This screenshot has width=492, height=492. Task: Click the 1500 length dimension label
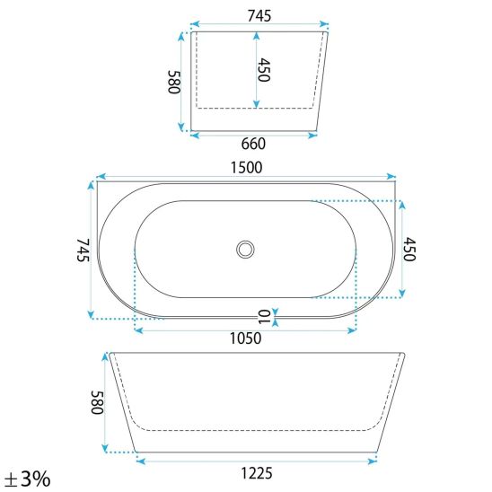[246, 168]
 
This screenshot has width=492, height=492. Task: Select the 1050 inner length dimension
[245, 338]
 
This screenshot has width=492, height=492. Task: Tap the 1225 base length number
[257, 473]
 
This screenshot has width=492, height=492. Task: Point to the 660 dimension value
[253, 144]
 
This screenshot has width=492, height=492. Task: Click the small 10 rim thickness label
[264, 317]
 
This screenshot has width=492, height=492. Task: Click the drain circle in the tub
[245, 250]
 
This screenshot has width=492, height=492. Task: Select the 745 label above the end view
[259, 15]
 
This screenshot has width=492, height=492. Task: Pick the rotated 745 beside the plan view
[83, 250]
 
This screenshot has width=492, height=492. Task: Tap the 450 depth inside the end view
[264, 70]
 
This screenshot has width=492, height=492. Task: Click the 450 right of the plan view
[409, 250]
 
